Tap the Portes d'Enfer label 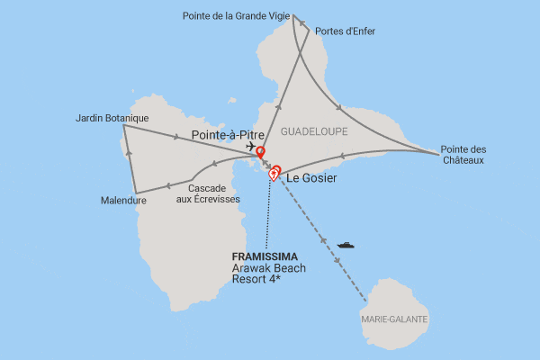[346, 31]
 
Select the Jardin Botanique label [112, 118]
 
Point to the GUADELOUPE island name [313, 131]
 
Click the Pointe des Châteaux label [464, 155]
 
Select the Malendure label [123, 201]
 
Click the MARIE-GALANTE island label [394, 319]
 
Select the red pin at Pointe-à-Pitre [261, 151]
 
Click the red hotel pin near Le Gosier [275, 171]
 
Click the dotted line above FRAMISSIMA [266, 216]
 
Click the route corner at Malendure [136, 192]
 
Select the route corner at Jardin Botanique [123, 126]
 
